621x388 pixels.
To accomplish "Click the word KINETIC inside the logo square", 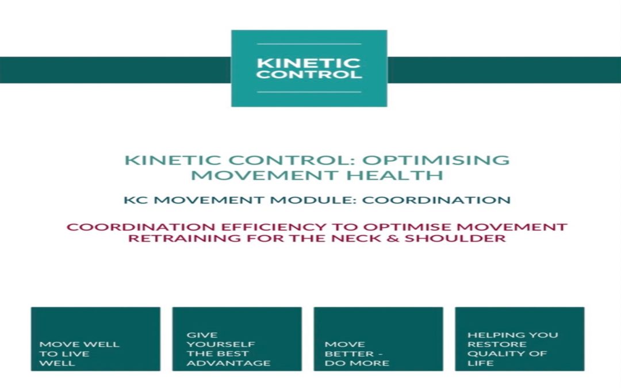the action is click(x=309, y=63).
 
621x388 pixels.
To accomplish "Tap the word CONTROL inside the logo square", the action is click(x=309, y=74).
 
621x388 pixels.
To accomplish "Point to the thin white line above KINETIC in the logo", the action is click(x=309, y=44).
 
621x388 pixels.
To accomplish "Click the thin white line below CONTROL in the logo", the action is click(x=309, y=92).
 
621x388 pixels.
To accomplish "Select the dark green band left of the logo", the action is click(x=116, y=70).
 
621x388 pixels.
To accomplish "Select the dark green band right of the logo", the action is click(x=504, y=70).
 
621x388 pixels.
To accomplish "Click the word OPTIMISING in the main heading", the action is click(x=436, y=160).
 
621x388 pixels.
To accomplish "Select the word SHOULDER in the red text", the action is click(x=455, y=238).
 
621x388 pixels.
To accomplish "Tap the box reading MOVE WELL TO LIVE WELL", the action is click(x=96, y=339).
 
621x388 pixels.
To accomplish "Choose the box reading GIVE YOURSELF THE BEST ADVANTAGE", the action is click(x=237, y=339).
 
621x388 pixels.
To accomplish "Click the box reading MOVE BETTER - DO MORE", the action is click(x=378, y=339).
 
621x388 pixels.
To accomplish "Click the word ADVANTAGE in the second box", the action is click(x=228, y=363).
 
